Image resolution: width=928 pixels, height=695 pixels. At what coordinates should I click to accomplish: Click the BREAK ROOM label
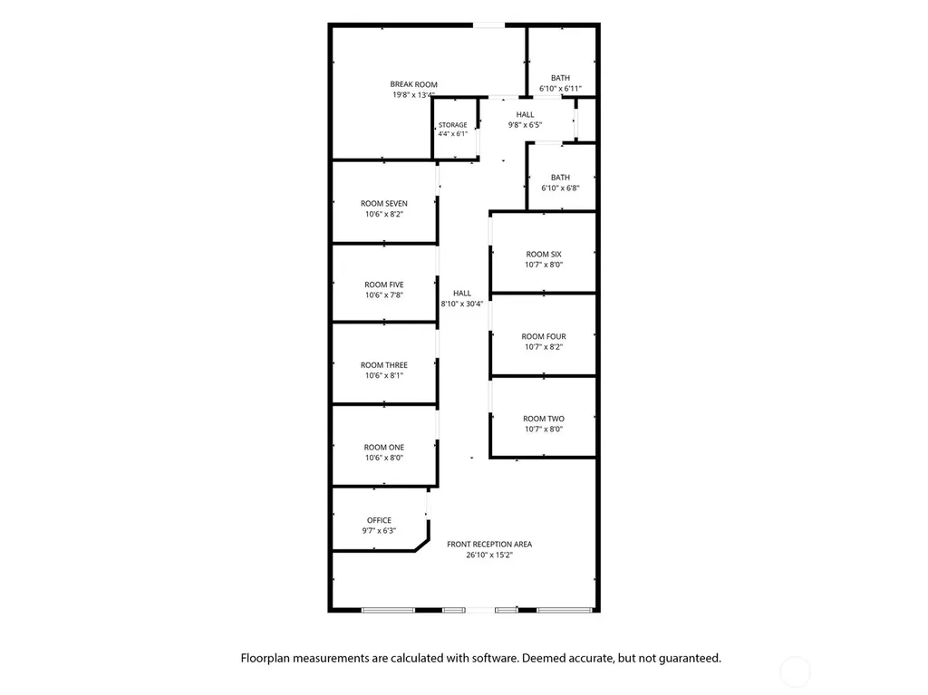click(413, 84)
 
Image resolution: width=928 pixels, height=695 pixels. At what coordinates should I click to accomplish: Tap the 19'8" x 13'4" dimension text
click(413, 95)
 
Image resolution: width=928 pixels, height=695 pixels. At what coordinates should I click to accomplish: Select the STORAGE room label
click(453, 125)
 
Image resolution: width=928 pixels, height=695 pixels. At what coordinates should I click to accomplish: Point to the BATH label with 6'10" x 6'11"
click(560, 78)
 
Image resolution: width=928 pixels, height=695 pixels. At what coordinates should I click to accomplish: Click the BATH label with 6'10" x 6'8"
click(560, 177)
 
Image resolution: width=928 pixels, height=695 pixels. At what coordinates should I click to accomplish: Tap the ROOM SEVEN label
click(384, 203)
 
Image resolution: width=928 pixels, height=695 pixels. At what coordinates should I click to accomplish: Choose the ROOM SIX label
click(544, 254)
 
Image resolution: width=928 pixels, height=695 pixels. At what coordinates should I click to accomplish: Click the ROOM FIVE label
click(384, 285)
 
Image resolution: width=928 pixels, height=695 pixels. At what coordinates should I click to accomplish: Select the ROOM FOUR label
click(544, 336)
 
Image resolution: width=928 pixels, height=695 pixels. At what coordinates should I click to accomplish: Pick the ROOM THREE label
click(384, 365)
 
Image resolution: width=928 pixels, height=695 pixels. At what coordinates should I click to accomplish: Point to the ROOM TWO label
click(544, 419)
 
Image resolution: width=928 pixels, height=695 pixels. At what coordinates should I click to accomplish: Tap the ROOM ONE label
click(384, 447)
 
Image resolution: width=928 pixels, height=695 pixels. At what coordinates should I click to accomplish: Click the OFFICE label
click(379, 520)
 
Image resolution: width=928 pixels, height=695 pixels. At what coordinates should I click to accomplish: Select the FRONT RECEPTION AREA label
click(489, 544)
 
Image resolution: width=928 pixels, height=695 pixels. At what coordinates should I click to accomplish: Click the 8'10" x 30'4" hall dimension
click(462, 304)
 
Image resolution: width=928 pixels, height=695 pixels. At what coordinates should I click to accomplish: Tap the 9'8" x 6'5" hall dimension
click(525, 125)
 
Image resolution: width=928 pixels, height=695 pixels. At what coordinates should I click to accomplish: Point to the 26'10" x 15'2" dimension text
click(489, 555)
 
